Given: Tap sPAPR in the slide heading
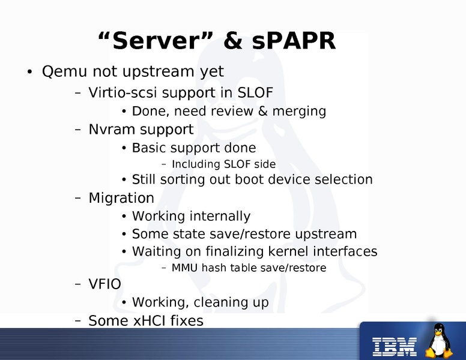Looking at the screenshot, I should (x=295, y=41).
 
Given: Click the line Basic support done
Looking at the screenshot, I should (x=193, y=148).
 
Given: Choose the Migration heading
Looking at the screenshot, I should (x=121, y=198).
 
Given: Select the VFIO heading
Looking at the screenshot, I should (x=105, y=284).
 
